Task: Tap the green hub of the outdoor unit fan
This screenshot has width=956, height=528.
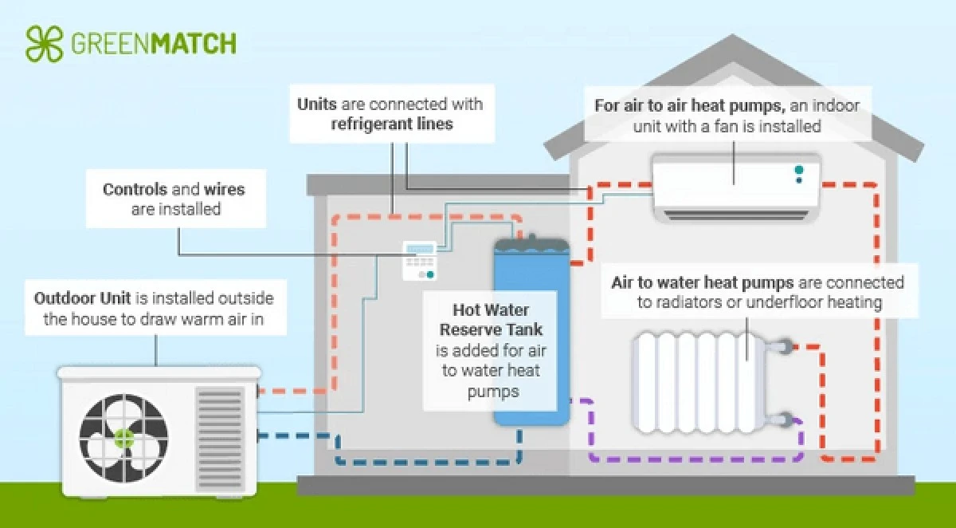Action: (123, 436)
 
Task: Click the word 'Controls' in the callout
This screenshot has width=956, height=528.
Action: (135, 190)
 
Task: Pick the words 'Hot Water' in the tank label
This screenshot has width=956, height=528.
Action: (487, 309)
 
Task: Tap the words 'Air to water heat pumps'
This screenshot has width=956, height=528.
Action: (702, 283)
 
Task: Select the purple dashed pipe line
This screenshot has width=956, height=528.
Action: (693, 459)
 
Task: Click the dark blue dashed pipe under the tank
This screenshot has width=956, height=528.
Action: (430, 460)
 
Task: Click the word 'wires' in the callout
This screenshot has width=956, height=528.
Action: (224, 190)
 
